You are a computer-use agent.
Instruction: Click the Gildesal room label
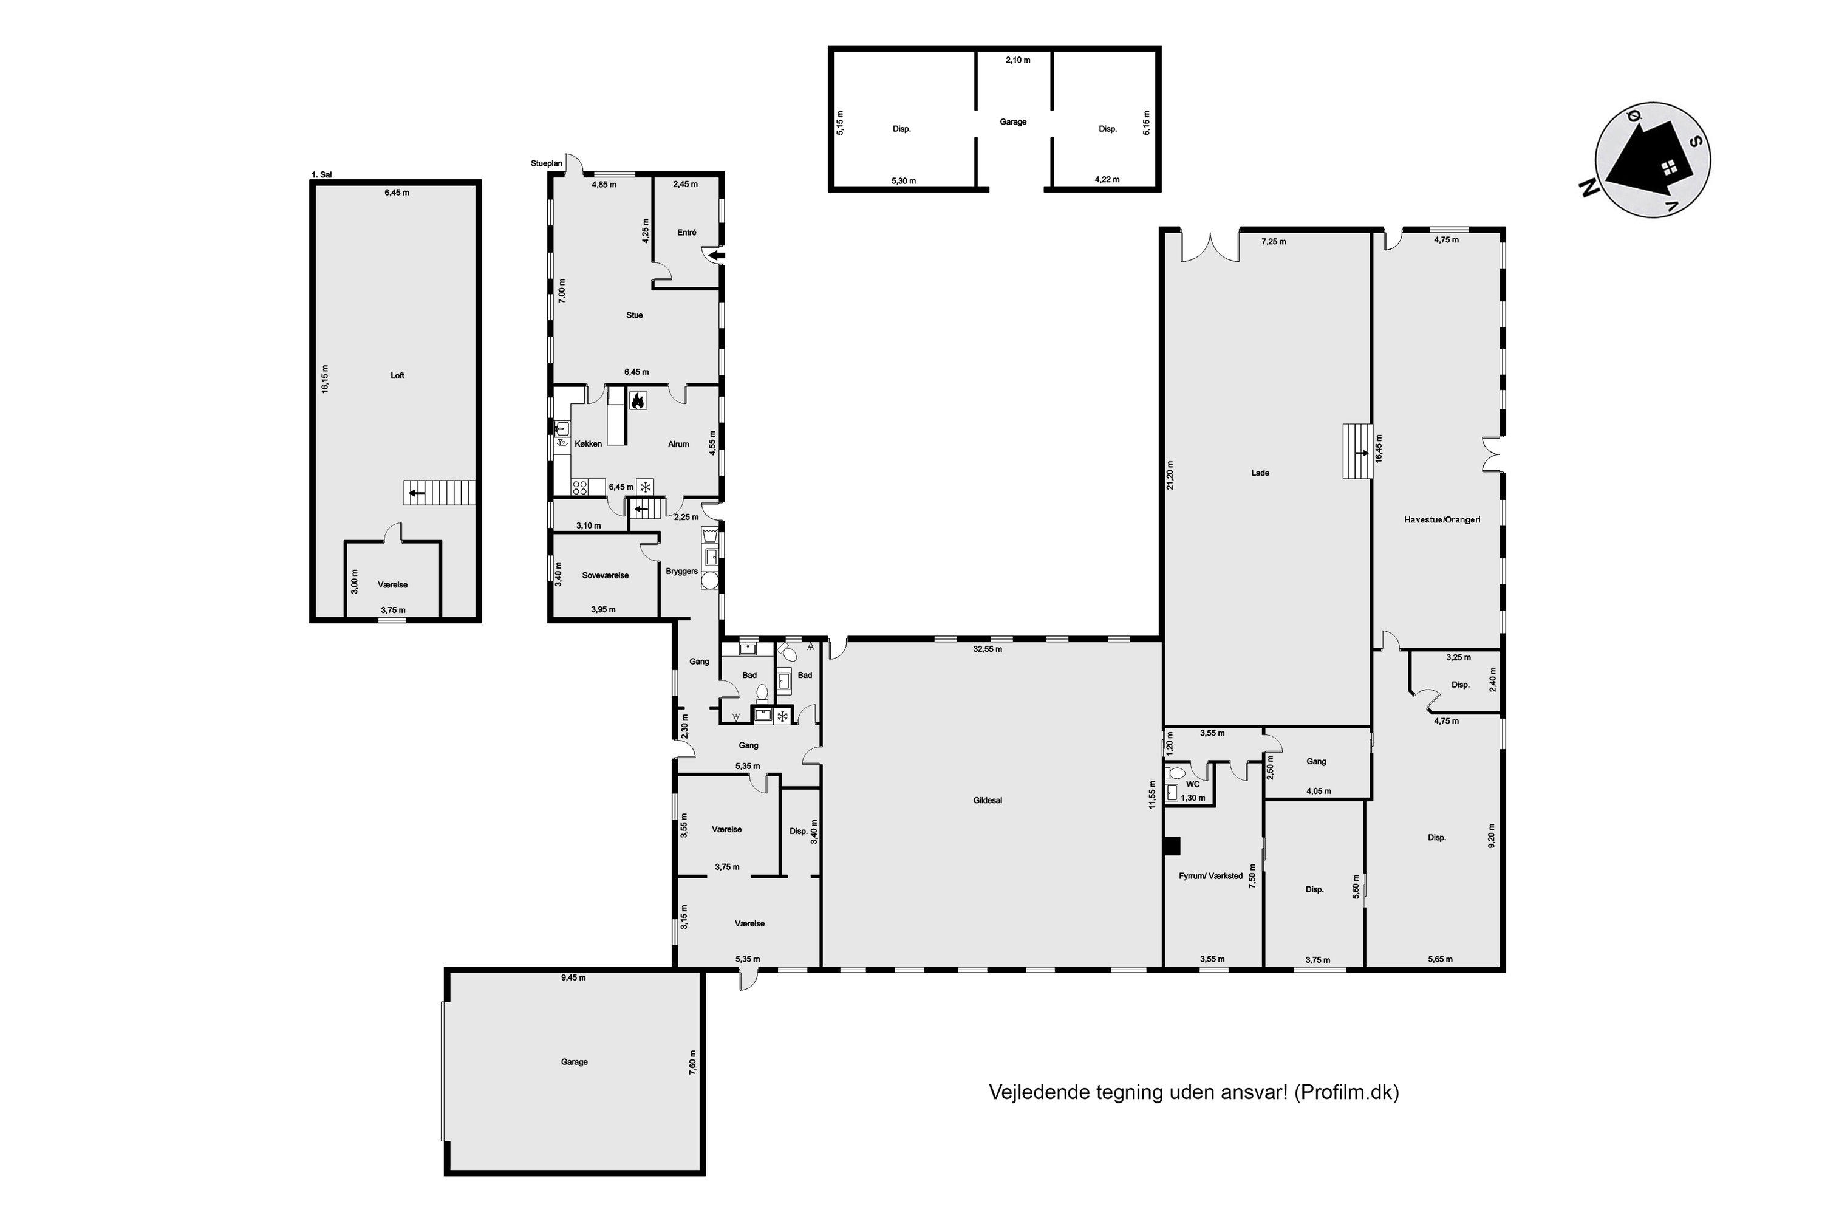click(988, 801)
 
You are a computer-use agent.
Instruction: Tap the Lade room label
click(1260, 473)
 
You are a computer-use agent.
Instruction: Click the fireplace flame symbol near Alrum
click(638, 400)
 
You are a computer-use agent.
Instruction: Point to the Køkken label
click(588, 444)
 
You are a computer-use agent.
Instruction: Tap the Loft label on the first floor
click(397, 376)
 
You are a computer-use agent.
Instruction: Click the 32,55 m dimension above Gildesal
click(988, 649)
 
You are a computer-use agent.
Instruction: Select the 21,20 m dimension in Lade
click(1170, 475)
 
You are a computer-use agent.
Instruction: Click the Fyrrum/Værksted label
click(1211, 877)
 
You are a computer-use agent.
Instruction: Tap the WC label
click(1192, 784)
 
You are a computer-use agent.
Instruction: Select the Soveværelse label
click(605, 576)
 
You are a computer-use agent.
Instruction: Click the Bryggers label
click(681, 572)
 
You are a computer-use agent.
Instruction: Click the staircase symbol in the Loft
click(438, 493)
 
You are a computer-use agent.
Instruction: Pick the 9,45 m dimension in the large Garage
click(573, 978)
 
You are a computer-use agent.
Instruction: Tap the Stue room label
click(635, 315)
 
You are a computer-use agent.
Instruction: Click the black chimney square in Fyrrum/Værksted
click(1172, 846)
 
